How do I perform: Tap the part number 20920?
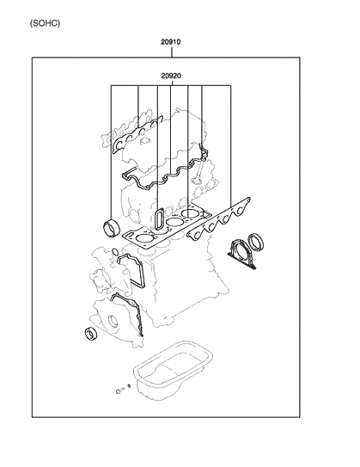pos(172,77)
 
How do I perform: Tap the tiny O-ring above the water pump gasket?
pos(113,249)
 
